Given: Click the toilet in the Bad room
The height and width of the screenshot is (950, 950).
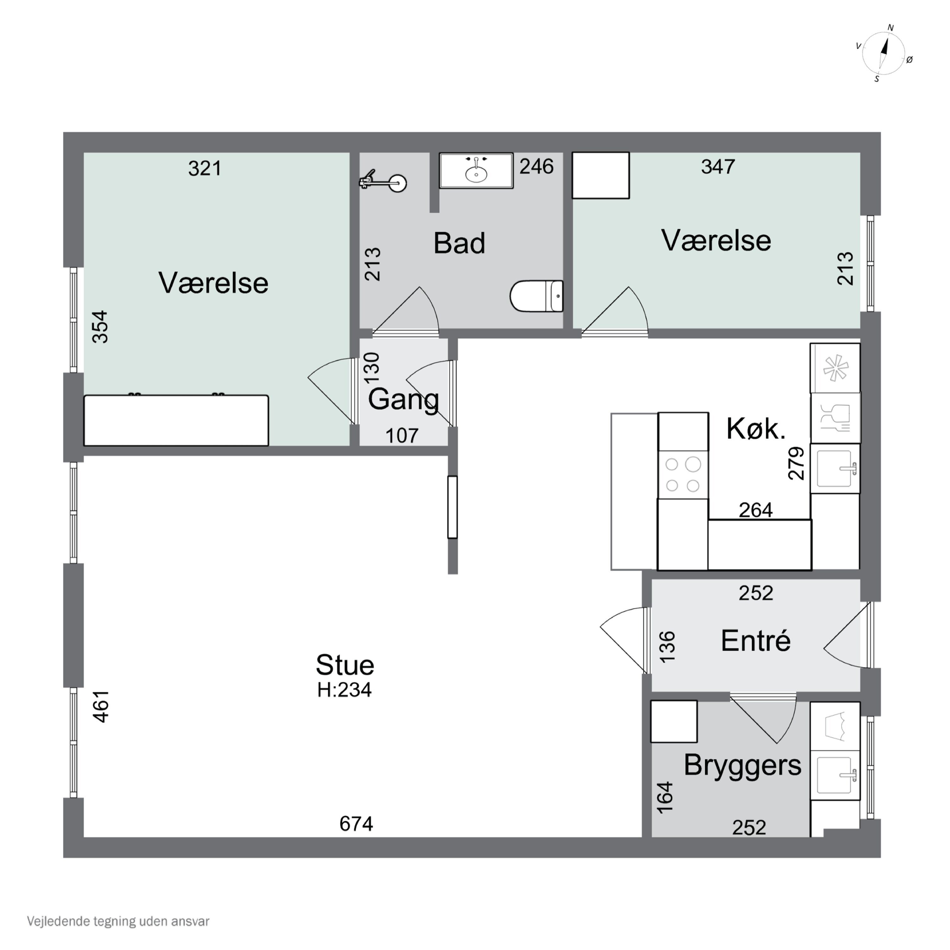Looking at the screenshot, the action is [536, 296].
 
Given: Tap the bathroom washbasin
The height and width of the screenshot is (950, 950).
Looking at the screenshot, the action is [476, 171].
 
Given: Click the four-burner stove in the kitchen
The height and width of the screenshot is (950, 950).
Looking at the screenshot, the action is [683, 474].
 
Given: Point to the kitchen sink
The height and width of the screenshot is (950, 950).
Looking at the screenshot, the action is [835, 468].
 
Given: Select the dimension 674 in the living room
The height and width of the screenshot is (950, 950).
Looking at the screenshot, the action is [356, 824].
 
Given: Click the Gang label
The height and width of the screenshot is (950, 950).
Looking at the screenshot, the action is [403, 399].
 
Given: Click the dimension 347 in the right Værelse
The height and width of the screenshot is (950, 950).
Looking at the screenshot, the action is [718, 167].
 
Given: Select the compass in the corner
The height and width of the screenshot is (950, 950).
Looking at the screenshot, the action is [883, 53].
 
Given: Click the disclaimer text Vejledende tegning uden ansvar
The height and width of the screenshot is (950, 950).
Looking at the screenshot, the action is [118, 921].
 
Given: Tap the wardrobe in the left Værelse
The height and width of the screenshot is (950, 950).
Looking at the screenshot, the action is [176, 421].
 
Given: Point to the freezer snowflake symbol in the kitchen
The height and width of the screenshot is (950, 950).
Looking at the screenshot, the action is [835, 368].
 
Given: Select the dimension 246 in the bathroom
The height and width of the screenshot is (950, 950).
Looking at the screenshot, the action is [536, 167].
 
